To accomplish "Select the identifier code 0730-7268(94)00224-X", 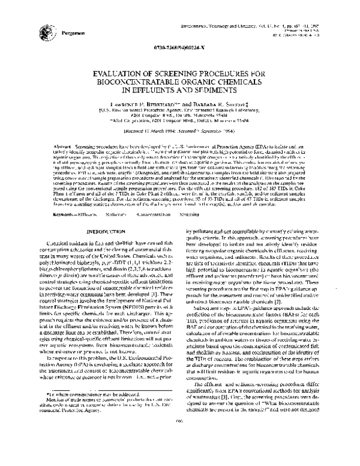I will tap(179, 47).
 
